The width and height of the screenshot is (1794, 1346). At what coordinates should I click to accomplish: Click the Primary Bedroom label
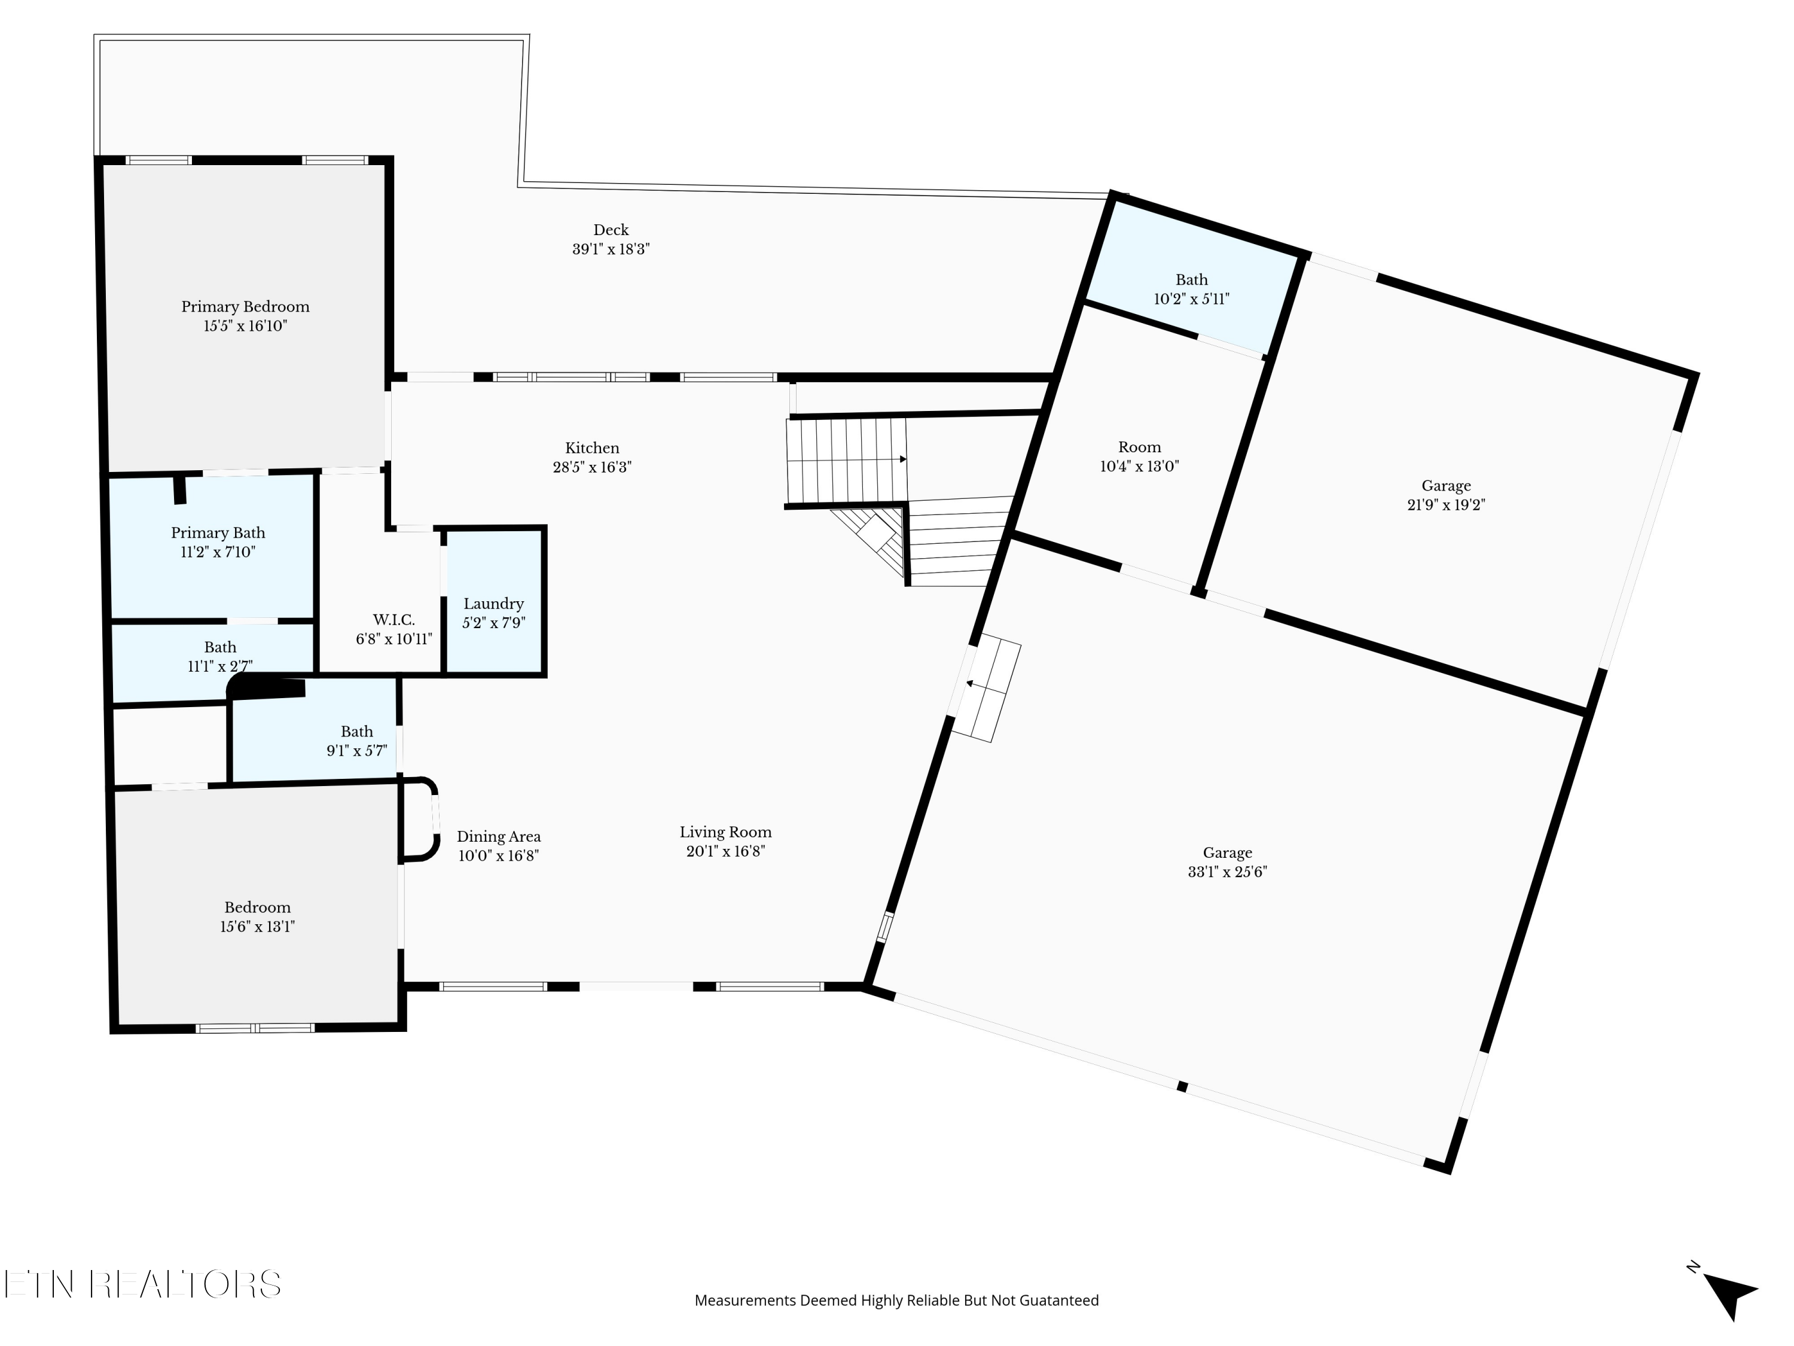click(x=245, y=307)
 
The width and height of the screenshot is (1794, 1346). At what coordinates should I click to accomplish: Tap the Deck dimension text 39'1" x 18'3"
click(x=611, y=249)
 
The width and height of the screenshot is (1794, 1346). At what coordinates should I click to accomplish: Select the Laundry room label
click(x=493, y=604)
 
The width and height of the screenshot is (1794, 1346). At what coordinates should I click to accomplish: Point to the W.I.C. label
click(x=393, y=620)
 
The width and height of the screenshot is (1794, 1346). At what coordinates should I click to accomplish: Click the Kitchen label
click(x=592, y=448)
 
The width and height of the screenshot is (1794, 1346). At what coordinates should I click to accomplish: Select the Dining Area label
click(x=498, y=836)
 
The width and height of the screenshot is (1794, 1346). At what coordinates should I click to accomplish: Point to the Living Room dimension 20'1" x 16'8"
click(x=725, y=851)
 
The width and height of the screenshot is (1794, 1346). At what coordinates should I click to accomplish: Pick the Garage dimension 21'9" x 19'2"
click(x=1446, y=505)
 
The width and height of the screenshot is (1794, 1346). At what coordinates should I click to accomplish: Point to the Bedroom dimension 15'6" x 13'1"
click(x=257, y=927)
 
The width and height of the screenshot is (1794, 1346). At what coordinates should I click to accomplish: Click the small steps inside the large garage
click(x=986, y=690)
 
